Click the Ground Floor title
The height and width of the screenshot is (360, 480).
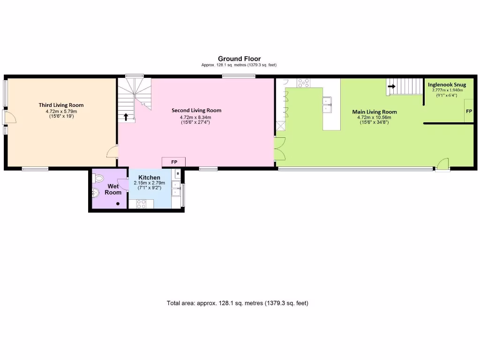[x=239, y=59]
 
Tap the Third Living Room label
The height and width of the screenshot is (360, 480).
[x=61, y=105]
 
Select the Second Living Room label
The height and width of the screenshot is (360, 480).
[x=196, y=111]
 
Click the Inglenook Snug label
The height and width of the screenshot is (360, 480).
[x=447, y=85]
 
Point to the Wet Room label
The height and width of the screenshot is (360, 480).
[x=113, y=189]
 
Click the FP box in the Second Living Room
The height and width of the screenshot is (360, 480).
[x=174, y=162]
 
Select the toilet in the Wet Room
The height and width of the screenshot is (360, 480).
[x=98, y=179]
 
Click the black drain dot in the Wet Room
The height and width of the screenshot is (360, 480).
[x=118, y=203]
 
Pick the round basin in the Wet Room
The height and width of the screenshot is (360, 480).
[x=96, y=192]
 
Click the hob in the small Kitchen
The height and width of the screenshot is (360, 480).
[x=141, y=203]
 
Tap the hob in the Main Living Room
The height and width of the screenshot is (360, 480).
[x=303, y=83]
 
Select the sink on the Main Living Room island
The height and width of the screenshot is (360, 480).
[x=327, y=105]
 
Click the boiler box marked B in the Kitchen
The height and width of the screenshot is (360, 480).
[x=178, y=174]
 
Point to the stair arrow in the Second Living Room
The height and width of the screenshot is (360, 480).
[x=126, y=116]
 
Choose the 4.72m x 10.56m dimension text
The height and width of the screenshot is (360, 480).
[x=374, y=117]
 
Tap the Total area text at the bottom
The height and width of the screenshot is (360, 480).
[x=237, y=303]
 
